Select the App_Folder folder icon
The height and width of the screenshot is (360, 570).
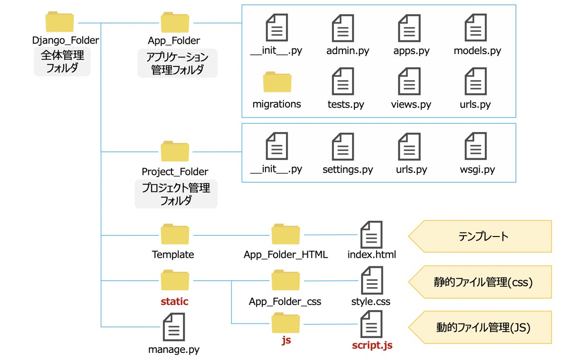pyautogui.click(x=174, y=22)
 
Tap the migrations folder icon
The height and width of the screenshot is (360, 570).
pyautogui.click(x=277, y=82)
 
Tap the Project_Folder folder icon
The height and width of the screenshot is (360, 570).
pyautogui.click(x=174, y=151)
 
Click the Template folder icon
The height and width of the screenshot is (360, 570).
pyautogui.click(x=174, y=235)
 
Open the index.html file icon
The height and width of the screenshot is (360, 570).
pyautogui.click(x=371, y=235)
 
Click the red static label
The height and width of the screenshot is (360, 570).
pyautogui.click(x=174, y=302)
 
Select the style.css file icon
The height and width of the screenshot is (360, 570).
pyautogui.click(x=371, y=280)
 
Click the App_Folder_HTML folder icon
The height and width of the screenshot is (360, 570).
pyautogui.click(x=285, y=235)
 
